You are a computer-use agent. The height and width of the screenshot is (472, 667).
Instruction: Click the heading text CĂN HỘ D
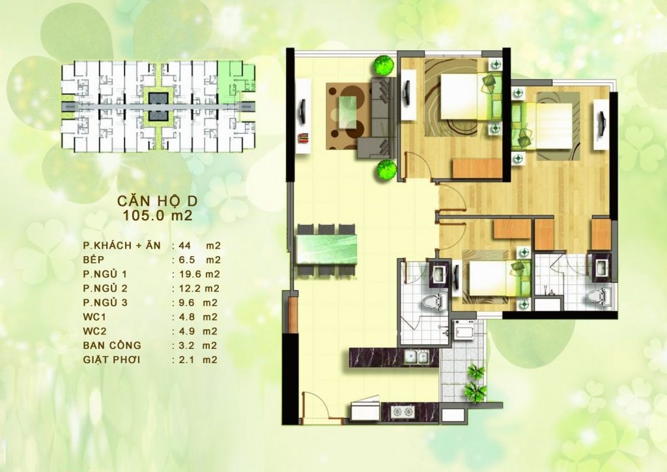[158, 200]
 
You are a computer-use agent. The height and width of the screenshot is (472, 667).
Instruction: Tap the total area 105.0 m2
[158, 215]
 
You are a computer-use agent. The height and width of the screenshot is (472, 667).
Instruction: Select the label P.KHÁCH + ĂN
[122, 245]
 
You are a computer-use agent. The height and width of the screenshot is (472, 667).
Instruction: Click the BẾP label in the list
[94, 259]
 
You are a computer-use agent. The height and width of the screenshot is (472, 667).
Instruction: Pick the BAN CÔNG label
[112, 345]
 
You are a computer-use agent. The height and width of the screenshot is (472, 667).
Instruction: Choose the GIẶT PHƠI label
[111, 360]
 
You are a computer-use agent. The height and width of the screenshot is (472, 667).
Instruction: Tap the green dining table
[326, 250]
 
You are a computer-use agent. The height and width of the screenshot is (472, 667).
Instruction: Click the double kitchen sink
[416, 357]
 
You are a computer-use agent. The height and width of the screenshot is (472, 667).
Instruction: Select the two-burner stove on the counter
[403, 411]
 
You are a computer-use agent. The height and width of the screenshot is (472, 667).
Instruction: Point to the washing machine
[463, 329]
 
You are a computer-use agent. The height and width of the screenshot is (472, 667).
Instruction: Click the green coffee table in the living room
[347, 112]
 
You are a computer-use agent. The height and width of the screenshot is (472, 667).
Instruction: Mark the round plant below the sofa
[386, 170]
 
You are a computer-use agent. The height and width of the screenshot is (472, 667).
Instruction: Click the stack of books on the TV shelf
[303, 138]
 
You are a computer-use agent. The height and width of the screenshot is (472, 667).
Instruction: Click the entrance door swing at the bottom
[315, 404]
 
